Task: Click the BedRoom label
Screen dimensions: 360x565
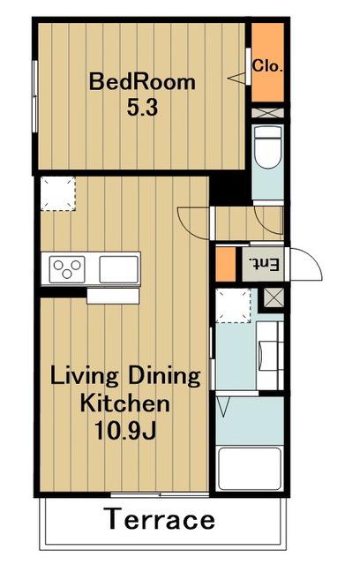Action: click(142, 82)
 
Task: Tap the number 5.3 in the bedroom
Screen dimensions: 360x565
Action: click(142, 107)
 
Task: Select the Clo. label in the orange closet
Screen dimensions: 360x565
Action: click(267, 66)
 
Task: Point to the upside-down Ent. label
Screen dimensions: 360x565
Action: click(266, 265)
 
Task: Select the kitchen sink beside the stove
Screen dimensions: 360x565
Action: click(119, 269)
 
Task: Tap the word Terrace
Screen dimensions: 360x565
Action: click(161, 519)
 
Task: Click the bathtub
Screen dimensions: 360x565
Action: click(251, 469)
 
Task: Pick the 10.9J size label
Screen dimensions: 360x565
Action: click(125, 430)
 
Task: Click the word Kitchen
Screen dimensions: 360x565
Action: click(124, 403)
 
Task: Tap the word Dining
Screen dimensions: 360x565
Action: click(164, 377)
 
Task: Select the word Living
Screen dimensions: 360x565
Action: click(84, 377)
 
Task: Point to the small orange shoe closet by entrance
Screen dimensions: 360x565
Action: click(225, 264)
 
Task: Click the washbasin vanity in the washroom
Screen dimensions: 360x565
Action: click(270, 355)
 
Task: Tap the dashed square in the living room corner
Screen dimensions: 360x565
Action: click(57, 193)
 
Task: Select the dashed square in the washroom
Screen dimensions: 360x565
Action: click(233, 305)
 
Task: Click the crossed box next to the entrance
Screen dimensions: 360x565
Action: click(274, 298)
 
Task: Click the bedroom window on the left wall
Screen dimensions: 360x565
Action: click(35, 96)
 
